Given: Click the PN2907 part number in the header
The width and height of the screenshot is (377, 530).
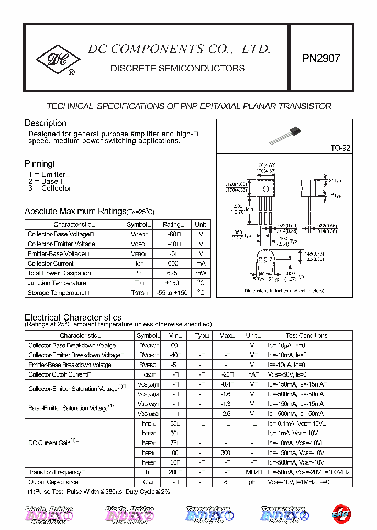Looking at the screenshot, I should pyautogui.click(x=321, y=58).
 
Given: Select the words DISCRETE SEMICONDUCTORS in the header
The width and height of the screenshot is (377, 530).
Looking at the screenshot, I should pyautogui.click(x=178, y=68).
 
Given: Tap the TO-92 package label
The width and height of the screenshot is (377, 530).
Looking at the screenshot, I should pyautogui.click(x=340, y=148).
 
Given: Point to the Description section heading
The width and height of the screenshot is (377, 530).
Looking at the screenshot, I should pyautogui.click(x=46, y=123).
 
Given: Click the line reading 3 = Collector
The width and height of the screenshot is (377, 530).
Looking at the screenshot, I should pyautogui.click(x=50, y=189).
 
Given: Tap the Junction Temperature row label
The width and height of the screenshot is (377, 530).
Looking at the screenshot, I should pyautogui.click(x=57, y=283).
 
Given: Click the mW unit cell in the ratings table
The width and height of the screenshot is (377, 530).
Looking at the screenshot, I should pyautogui.click(x=201, y=273).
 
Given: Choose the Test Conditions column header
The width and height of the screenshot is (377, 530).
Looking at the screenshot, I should pyautogui.click(x=306, y=336).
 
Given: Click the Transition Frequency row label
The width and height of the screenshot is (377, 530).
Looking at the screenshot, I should pyautogui.click(x=55, y=472).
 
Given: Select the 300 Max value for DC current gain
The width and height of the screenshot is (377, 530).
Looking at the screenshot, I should pyautogui.click(x=226, y=453).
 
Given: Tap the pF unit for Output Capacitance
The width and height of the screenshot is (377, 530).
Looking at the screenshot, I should pyautogui.click(x=252, y=482).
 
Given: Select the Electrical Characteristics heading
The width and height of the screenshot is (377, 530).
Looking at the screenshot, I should pyautogui.click(x=73, y=317).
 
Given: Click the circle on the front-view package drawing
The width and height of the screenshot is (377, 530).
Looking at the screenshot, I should pyautogui.click(x=265, y=189).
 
